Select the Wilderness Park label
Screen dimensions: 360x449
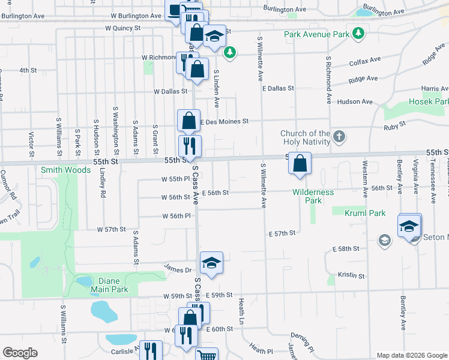[x=313, y=196]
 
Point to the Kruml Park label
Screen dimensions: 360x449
[x=364, y=213]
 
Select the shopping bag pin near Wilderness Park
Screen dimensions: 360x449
[x=300, y=163]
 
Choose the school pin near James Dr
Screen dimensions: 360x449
[x=211, y=263]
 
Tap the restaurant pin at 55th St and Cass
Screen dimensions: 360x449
[x=190, y=145]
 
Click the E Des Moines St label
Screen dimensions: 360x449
[x=224, y=122]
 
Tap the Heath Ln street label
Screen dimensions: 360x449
[x=241, y=308]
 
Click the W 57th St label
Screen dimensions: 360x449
[x=112, y=229]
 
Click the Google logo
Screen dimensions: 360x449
[x=20, y=353]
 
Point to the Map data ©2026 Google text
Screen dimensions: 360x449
[x=411, y=355]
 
